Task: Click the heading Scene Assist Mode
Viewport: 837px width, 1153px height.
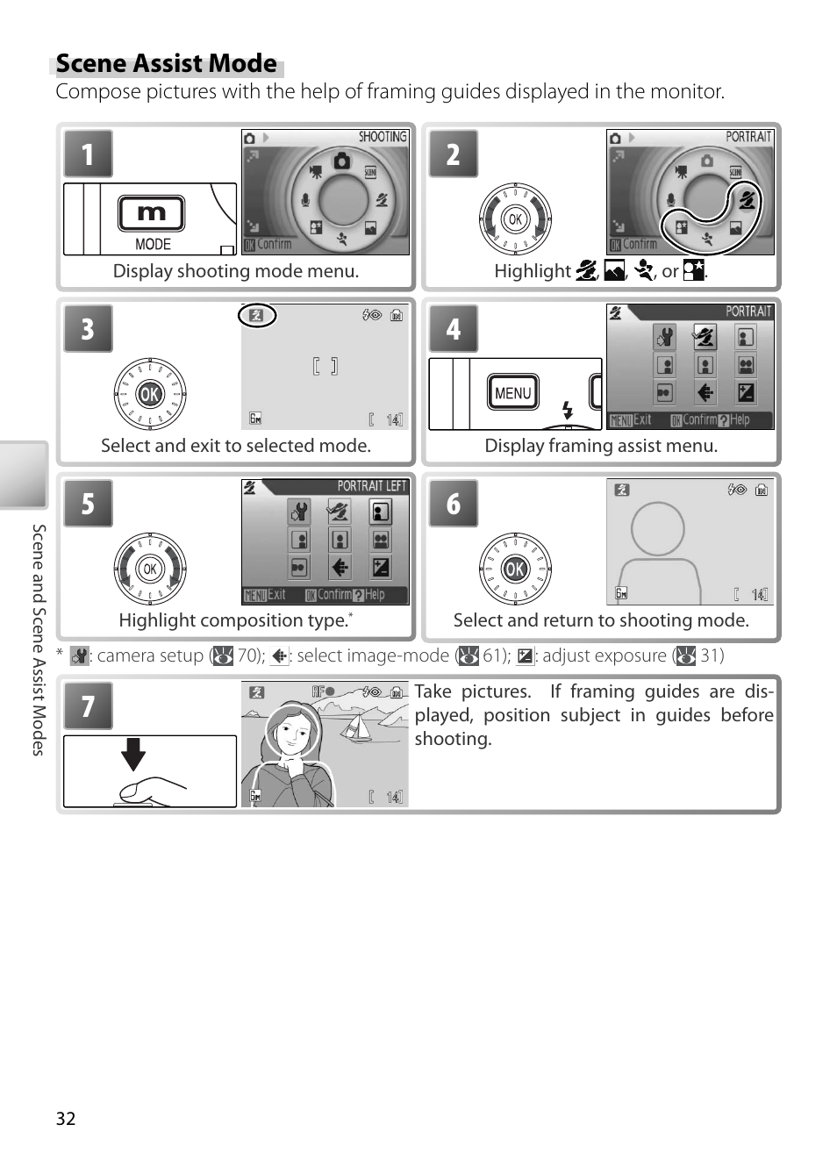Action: (x=167, y=64)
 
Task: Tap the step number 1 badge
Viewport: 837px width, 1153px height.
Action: (x=88, y=154)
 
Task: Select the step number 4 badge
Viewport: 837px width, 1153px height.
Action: (x=453, y=329)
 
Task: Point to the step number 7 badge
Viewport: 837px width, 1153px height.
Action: (x=88, y=706)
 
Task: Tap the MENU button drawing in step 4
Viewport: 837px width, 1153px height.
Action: (x=513, y=393)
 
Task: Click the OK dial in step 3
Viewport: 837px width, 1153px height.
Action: (x=150, y=394)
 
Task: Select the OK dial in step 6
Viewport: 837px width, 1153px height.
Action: (x=515, y=569)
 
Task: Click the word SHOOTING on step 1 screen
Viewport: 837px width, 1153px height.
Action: (x=383, y=137)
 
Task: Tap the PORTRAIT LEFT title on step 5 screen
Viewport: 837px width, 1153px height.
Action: (x=371, y=486)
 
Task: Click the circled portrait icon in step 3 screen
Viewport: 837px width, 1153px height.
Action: (x=257, y=315)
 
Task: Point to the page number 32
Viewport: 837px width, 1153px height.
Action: (x=66, y=1118)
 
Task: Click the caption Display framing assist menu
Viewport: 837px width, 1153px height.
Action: (x=601, y=446)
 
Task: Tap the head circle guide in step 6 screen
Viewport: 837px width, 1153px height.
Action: (x=657, y=529)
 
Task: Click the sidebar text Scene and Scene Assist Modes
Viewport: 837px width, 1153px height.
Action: (x=39, y=640)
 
